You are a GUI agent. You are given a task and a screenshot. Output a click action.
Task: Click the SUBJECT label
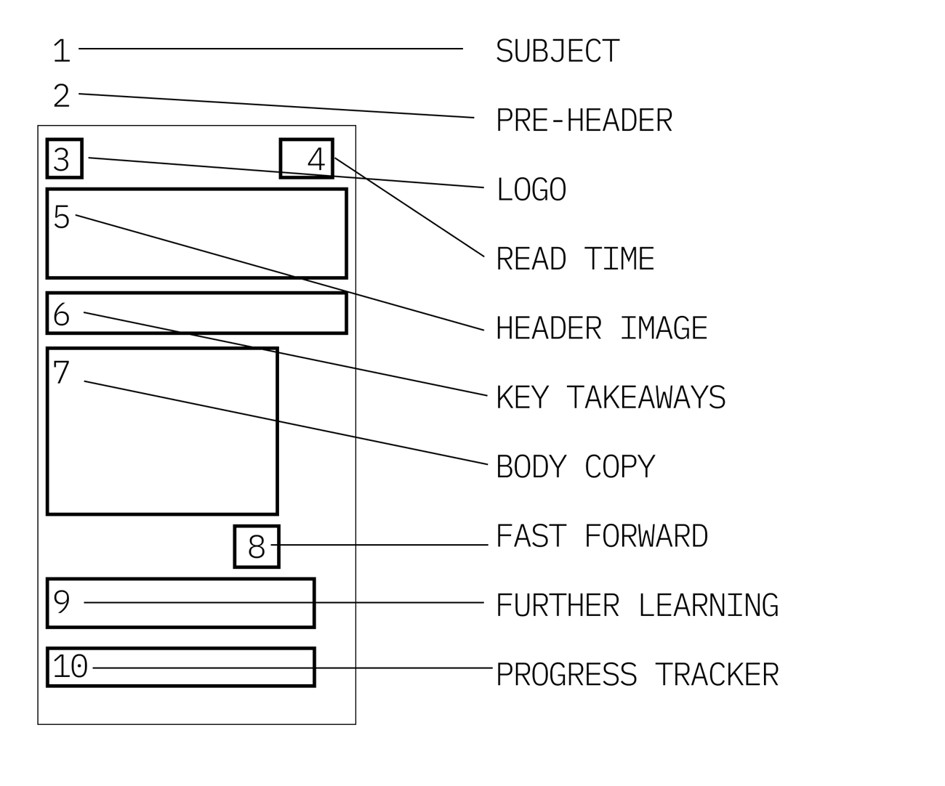tap(558, 52)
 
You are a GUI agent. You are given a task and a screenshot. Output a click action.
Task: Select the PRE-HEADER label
tap(584, 121)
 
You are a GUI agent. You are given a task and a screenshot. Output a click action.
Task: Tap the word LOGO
tap(531, 190)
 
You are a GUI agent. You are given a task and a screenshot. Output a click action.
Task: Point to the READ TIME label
tap(575, 259)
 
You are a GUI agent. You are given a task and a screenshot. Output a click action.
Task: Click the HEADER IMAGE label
tap(601, 328)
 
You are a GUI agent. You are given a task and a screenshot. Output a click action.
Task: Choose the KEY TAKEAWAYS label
tap(611, 398)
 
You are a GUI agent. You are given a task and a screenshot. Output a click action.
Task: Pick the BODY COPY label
tap(575, 467)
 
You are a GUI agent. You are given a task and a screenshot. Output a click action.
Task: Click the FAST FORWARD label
tap(601, 537)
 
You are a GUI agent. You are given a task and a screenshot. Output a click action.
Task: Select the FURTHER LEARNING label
tap(637, 606)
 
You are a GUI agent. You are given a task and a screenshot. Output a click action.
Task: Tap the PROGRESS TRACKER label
tap(637, 675)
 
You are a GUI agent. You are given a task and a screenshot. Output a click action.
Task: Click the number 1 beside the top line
tap(62, 52)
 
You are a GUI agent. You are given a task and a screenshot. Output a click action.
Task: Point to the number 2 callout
tap(62, 96)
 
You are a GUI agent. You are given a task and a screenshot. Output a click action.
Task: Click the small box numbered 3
tap(65, 158)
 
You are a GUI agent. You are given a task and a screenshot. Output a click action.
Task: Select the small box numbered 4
tap(307, 158)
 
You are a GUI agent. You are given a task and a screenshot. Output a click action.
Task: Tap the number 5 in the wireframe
tap(62, 217)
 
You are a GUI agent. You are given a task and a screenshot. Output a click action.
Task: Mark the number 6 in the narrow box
tap(62, 315)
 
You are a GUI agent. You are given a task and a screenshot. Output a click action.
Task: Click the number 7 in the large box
tap(62, 373)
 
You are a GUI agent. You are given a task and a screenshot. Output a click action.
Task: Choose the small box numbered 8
tap(257, 546)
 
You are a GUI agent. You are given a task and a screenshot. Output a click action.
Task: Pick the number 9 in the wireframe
tap(62, 601)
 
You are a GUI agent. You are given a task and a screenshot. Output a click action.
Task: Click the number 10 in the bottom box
tap(71, 667)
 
